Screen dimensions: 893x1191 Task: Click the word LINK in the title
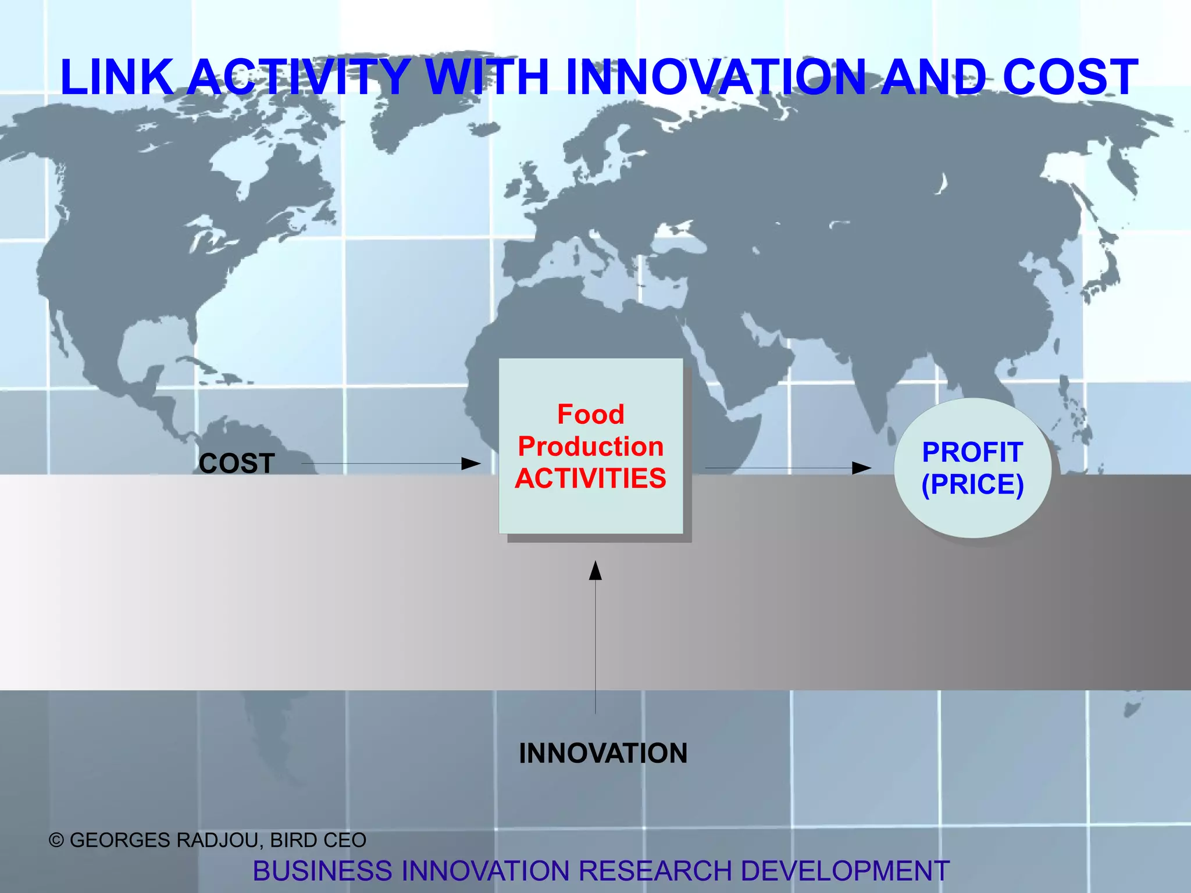coord(116,77)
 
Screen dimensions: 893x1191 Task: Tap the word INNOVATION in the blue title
coord(715,77)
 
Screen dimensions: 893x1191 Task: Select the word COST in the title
coord(1070,77)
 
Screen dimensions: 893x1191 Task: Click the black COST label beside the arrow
coord(237,464)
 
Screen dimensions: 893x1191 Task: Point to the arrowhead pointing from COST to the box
coord(471,464)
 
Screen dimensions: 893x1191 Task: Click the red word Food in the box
coord(591,415)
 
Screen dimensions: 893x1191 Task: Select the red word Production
coord(591,446)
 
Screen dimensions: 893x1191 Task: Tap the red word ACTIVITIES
coord(591,478)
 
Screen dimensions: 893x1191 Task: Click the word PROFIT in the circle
coord(972,452)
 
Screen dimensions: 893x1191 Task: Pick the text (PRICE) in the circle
coord(972,484)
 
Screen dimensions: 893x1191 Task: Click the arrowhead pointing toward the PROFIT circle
coord(862,468)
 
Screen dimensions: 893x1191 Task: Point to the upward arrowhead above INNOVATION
coord(595,571)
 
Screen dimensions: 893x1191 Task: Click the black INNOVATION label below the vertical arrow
coord(603,753)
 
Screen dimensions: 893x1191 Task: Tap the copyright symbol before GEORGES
coord(56,841)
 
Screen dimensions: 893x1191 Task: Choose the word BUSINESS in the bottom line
coord(323,871)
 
